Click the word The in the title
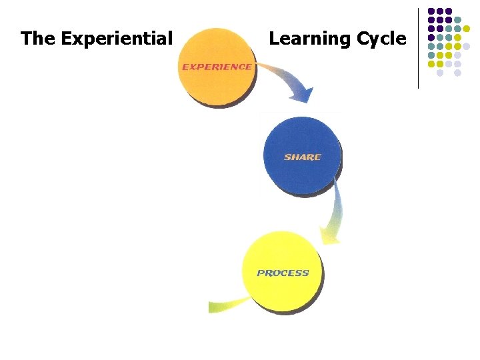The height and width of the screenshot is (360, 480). pyautogui.click(x=38, y=39)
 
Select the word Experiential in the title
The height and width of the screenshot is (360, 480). pyautogui.click(x=117, y=39)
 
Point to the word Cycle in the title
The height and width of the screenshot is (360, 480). pyautogui.click(x=381, y=39)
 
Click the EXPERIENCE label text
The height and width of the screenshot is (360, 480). pyautogui.click(x=217, y=67)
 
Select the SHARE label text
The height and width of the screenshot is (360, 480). pyautogui.click(x=303, y=157)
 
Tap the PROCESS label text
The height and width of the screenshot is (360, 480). pyautogui.click(x=283, y=273)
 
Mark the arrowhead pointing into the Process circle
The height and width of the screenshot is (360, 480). pyautogui.click(x=330, y=235)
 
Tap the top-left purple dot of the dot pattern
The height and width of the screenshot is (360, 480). pyautogui.click(x=431, y=11)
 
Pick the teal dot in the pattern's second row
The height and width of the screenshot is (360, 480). pyautogui.click(x=457, y=20)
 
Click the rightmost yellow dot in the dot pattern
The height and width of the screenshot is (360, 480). pyautogui.click(x=466, y=29)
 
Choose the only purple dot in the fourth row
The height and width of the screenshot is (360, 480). pyautogui.click(x=431, y=37)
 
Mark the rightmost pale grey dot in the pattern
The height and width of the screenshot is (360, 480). pyautogui.click(x=466, y=46)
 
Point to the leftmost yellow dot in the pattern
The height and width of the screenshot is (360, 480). pyautogui.click(x=431, y=64)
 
